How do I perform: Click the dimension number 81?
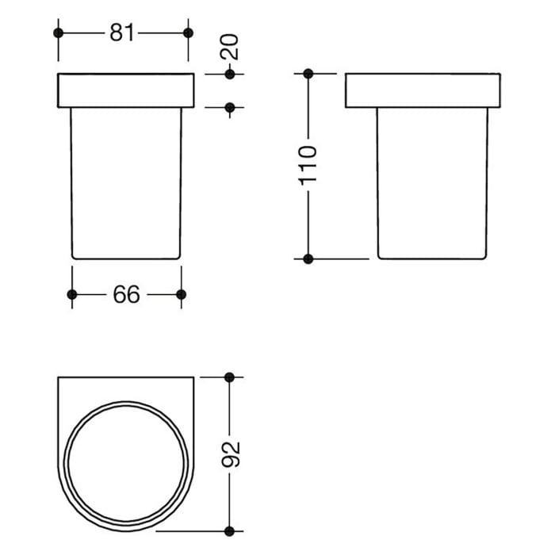122,33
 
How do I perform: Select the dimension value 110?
308,164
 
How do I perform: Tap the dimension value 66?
126,294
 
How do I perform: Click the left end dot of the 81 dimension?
57,33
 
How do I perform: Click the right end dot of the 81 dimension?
188,33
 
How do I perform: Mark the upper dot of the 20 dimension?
230,75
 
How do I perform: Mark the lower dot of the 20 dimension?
230,107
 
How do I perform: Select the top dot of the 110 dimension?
308,75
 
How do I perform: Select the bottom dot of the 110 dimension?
308,258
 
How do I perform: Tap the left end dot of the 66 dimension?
72,294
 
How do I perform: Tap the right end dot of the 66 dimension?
181,294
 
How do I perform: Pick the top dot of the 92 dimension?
230,377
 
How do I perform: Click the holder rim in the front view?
126,90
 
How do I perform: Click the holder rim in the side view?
422,90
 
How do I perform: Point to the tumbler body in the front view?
126,182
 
